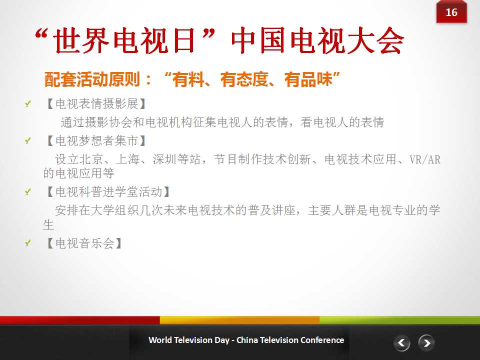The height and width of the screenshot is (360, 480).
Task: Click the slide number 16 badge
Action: pyautogui.click(x=451, y=12)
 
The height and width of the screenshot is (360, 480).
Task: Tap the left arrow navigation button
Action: pyautogui.click(x=402, y=343)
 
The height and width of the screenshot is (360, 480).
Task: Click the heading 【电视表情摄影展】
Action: pyautogui.click(x=95, y=104)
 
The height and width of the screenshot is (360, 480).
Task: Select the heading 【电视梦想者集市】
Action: pyautogui.click(x=95, y=141)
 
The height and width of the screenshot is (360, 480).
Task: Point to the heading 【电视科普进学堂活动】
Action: pyautogui.click(x=107, y=192)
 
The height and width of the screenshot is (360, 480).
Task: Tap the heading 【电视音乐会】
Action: pyautogui.click(x=83, y=243)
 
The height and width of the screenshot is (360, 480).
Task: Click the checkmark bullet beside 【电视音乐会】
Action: pyautogui.click(x=28, y=243)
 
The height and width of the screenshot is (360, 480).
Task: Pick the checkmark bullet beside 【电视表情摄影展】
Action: pyautogui.click(x=28, y=104)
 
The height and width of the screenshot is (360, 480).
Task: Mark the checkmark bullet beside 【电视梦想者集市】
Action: pyautogui.click(x=28, y=140)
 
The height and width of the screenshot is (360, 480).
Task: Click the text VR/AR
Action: pyautogui.click(x=425, y=159)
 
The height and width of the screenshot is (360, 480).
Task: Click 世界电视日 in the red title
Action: pyautogui.click(x=124, y=40)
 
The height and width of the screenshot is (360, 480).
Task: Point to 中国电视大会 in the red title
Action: pyautogui.click(x=317, y=40)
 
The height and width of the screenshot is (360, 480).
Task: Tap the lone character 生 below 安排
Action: pyautogui.click(x=48, y=224)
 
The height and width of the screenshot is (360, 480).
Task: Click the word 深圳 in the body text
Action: pyautogui.click(x=164, y=159)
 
